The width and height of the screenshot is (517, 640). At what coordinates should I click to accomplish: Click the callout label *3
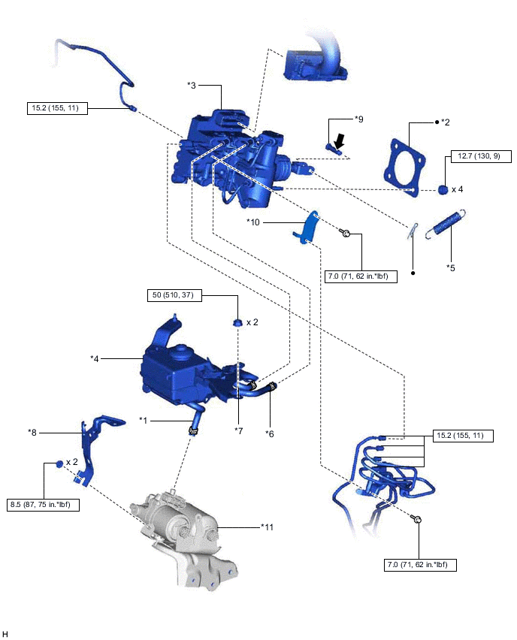click(192, 86)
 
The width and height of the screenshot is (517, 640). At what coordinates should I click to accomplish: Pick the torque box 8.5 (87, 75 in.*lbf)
click(42, 504)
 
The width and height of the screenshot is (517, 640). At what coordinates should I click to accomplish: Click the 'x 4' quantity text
click(457, 189)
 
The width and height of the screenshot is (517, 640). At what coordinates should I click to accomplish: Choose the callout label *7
click(238, 430)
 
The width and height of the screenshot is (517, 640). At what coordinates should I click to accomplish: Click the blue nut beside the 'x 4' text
click(443, 189)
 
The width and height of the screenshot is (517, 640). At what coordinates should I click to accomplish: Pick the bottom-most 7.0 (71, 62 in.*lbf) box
click(418, 563)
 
